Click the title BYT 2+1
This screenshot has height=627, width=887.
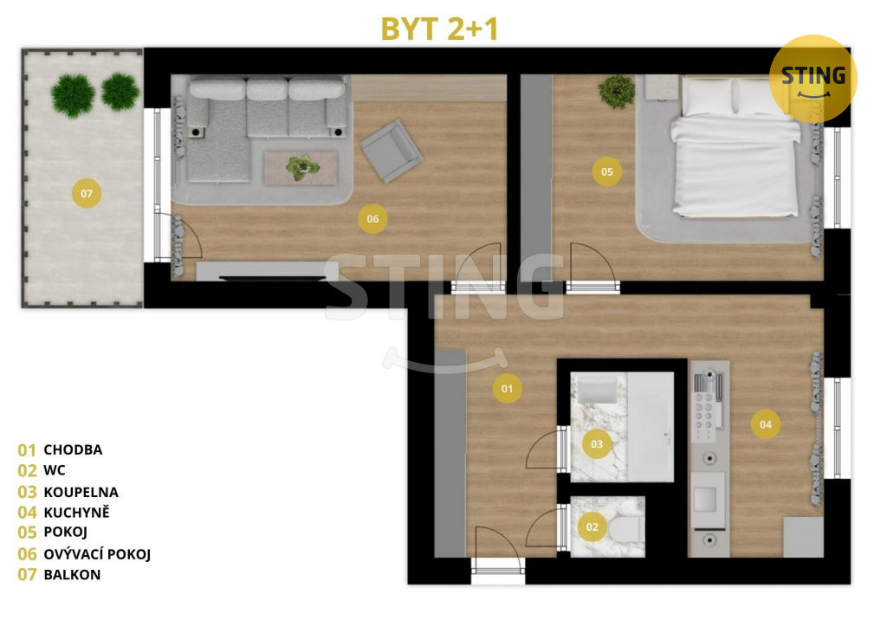point(439,29)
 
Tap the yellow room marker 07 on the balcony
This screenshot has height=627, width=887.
point(87,193)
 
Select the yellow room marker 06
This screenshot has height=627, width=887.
point(372,219)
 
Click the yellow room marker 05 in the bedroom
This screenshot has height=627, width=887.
point(607,171)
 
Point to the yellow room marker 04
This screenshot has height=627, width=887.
point(766,424)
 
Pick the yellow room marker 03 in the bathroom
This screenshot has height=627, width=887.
point(597,443)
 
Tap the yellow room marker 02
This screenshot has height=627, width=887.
point(592,527)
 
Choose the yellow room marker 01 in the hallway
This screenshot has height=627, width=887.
point(507,389)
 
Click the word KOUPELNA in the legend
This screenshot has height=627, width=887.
point(81,492)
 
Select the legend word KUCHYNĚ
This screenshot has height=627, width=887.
point(76,512)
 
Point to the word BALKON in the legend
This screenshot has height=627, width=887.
point(72,574)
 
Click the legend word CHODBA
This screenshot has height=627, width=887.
point(73,449)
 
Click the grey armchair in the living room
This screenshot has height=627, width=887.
point(392,151)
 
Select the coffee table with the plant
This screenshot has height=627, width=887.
point(301,167)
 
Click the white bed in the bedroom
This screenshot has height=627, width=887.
point(735,147)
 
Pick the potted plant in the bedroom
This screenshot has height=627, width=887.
point(617,91)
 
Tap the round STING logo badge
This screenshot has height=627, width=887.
point(813,79)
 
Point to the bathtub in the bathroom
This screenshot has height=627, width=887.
point(651,427)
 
